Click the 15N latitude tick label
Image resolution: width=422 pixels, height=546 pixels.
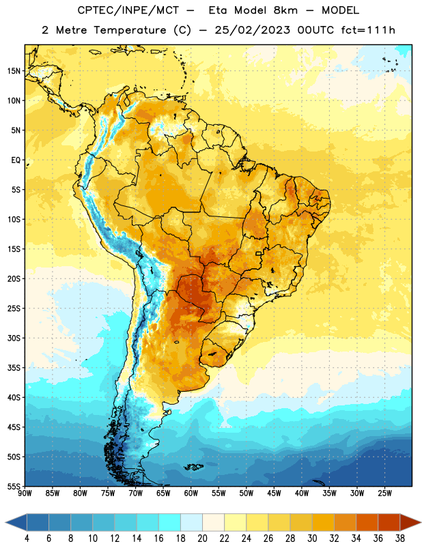click(14, 71)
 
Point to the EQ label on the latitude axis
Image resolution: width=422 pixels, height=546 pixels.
click(16, 160)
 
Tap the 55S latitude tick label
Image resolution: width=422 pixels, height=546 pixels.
click(14, 486)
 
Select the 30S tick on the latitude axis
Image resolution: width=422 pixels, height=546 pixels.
click(14, 338)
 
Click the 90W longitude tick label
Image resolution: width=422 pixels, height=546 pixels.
click(25, 493)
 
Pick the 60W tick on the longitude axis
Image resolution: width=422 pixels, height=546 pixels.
click(191, 493)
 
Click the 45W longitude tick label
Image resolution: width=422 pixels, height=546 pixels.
click(274, 493)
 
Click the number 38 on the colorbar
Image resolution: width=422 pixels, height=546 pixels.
click(400, 538)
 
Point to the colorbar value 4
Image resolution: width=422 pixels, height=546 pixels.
click(27, 538)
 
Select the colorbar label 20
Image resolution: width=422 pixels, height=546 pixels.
click(202, 538)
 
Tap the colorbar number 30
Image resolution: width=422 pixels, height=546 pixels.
click(312, 538)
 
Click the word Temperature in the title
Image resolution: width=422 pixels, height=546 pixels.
click(130, 30)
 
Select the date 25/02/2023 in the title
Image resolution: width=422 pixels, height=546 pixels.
click(252, 30)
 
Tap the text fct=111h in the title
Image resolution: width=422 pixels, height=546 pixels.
click(368, 30)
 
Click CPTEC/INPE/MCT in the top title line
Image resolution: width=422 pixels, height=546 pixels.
click(128, 10)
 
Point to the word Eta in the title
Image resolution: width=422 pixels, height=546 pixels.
click(218, 10)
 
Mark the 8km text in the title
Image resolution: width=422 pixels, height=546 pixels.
click(285, 10)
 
